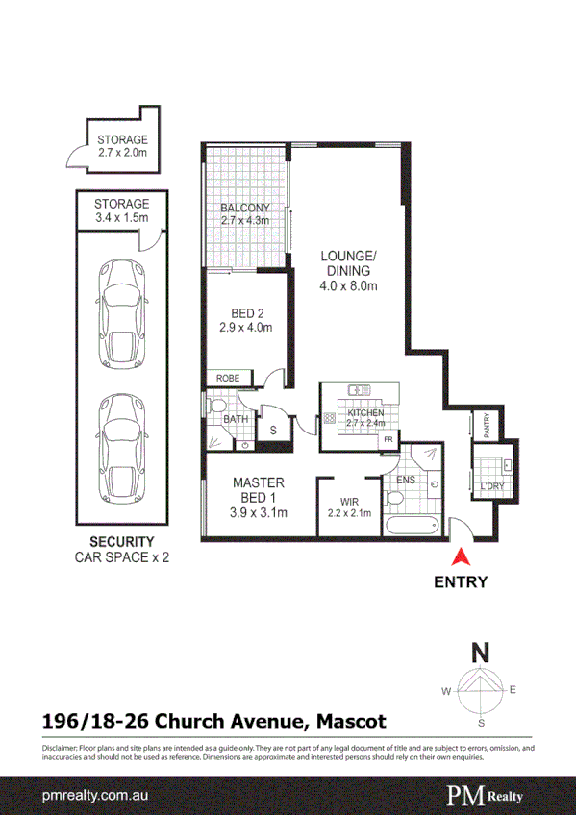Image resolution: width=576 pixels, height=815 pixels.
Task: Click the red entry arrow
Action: [461, 556]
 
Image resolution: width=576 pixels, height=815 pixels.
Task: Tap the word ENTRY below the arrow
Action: [461, 581]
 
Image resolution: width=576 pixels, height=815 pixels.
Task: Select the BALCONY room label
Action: [244, 209]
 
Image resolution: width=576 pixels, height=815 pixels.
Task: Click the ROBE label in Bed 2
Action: [227, 379]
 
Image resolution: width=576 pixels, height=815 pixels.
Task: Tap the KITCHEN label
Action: [365, 413]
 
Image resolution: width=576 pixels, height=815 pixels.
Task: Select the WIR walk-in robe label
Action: [349, 501]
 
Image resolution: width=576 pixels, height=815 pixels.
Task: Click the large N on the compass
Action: [479, 653]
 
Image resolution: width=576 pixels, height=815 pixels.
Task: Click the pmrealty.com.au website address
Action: [93, 797]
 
